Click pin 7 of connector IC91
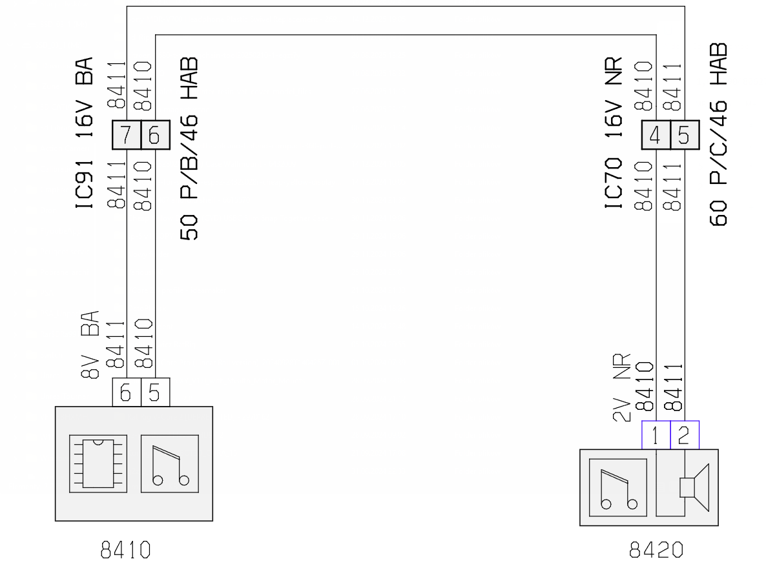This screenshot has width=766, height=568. click(127, 135)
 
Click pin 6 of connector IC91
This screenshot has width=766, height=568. click(156, 135)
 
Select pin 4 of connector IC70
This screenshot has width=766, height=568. click(656, 135)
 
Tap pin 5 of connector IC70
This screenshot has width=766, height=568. click(685, 135)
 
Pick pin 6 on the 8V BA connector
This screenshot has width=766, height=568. click(127, 392)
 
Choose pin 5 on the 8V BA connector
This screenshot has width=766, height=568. click(156, 392)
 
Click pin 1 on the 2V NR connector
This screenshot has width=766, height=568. click(656, 434)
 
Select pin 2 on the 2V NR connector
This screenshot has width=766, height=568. click(685, 434)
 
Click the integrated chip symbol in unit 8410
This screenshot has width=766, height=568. click(98, 463)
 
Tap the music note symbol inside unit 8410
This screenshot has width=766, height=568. click(169, 463)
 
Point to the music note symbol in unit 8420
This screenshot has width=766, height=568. click(618, 487)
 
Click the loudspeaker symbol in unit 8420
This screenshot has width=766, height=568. click(694, 487)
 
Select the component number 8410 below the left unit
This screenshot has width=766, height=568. click(125, 550)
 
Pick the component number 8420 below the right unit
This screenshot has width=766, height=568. click(656, 550)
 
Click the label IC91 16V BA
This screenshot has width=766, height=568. click(84, 133)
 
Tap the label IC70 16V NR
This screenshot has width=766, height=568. click(614, 133)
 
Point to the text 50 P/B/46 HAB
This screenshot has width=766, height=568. click(189, 148)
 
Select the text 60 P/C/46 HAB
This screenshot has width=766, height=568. click(718, 134)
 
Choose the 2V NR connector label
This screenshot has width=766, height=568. click(621, 387)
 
